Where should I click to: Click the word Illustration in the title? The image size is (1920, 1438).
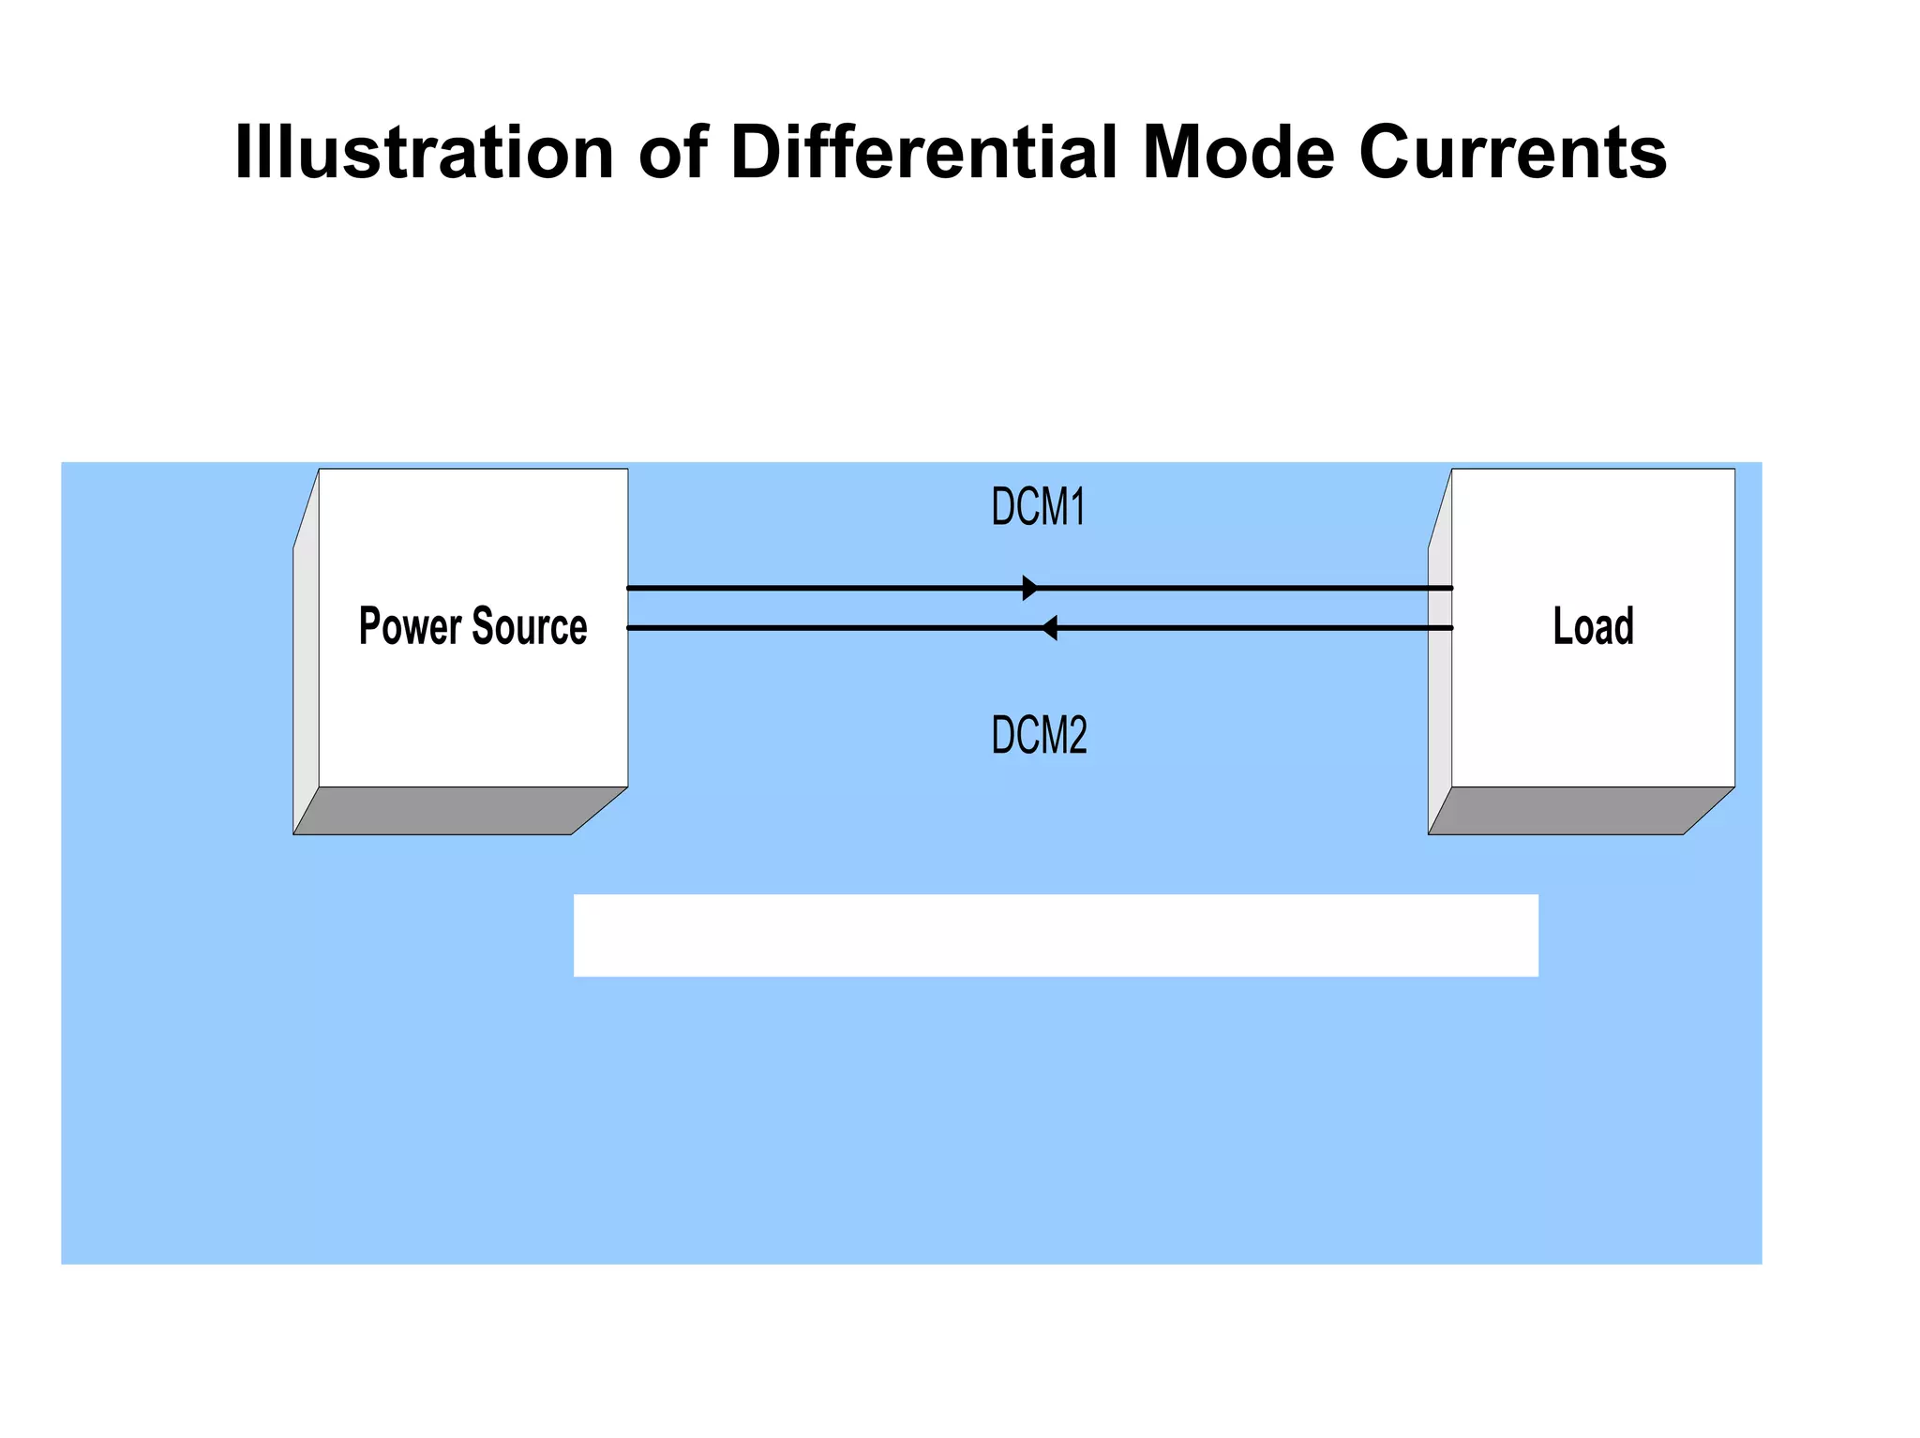click(424, 152)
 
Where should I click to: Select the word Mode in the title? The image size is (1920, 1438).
click(1238, 152)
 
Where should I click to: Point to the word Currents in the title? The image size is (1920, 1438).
click(1512, 152)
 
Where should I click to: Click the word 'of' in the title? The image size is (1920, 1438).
click(672, 152)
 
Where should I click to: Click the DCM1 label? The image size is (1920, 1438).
click(1038, 507)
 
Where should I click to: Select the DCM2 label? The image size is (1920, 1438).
click(1039, 736)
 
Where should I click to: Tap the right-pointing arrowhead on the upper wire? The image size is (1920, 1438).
click(1029, 589)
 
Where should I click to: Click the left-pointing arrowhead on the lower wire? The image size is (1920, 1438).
click(1050, 628)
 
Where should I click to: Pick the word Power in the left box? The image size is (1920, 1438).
click(410, 626)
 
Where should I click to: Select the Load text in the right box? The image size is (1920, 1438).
click(1593, 626)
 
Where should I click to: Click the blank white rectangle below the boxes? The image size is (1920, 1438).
click(1056, 935)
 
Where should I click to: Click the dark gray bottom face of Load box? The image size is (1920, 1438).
click(1575, 811)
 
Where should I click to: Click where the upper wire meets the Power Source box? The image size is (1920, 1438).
click(628, 589)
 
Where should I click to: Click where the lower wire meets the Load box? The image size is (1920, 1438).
click(1452, 628)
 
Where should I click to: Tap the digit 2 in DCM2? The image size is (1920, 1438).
click(1076, 736)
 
